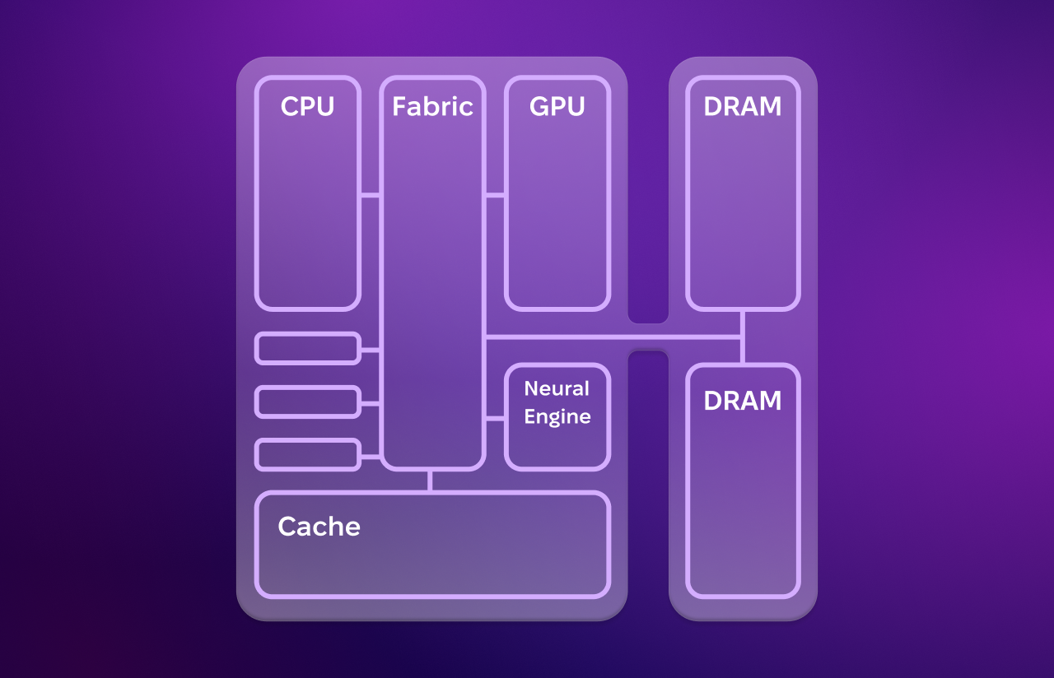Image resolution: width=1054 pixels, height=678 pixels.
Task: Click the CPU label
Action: click(307, 107)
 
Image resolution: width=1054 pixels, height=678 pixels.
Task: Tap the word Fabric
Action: click(432, 107)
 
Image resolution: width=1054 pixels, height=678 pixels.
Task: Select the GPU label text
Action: click(557, 107)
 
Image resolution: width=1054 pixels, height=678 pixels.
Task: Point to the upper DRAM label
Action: click(743, 107)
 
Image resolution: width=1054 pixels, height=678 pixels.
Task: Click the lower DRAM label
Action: click(743, 401)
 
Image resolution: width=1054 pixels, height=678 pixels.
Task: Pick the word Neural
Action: click(557, 388)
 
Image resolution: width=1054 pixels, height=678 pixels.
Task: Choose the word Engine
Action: click(557, 416)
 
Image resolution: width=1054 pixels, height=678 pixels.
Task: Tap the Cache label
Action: click(319, 527)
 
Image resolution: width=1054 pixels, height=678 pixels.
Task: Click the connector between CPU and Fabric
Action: click(370, 195)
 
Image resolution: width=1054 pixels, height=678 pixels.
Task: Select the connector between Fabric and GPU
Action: click(495, 195)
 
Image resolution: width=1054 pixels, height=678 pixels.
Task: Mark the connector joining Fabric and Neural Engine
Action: click(495, 419)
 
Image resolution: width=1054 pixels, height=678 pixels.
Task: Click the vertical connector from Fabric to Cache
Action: click(430, 481)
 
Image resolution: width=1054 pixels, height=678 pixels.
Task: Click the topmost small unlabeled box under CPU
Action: click(308, 348)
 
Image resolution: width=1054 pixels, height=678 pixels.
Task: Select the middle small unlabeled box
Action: click(308, 402)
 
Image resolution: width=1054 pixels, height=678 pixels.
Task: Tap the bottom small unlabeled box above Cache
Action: click(308, 455)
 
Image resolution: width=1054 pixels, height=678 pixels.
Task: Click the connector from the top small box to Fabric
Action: click(370, 350)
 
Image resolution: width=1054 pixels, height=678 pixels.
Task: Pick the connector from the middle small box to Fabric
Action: click(370, 403)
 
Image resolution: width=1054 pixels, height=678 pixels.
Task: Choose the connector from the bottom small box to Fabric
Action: click(370, 456)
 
